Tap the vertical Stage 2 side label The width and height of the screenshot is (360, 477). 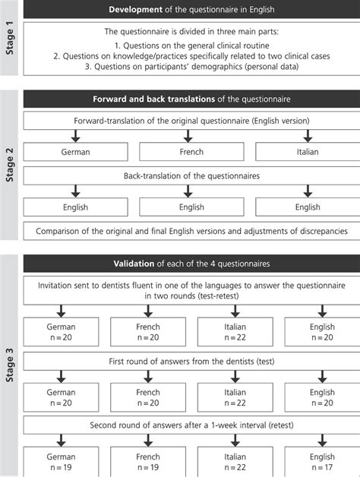click(x=8, y=166)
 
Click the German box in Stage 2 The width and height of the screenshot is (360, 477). click(x=76, y=152)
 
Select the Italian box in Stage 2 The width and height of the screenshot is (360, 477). click(x=308, y=152)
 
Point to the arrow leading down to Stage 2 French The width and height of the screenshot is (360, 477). click(x=191, y=136)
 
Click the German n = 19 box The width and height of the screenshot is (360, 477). click(x=61, y=462)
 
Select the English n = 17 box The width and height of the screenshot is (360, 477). click(x=322, y=462)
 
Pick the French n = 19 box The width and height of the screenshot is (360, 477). click(x=148, y=462)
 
